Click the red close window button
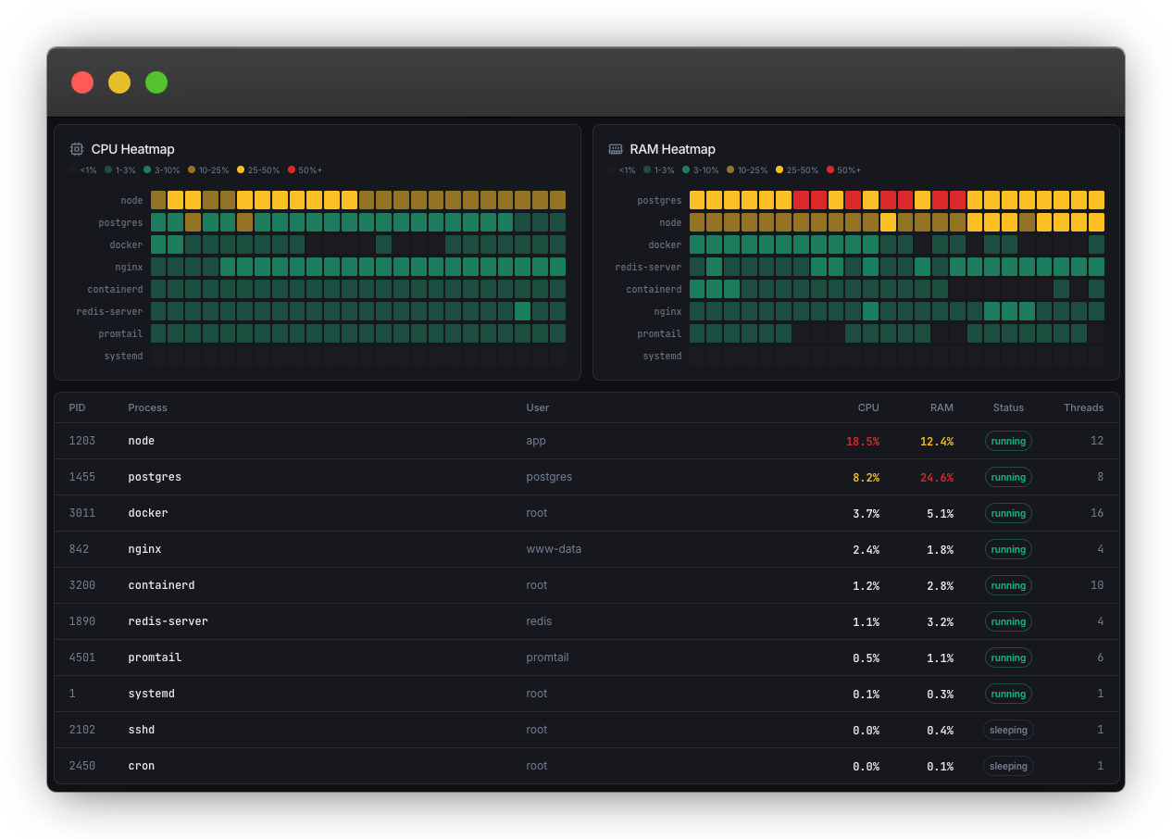click(x=82, y=82)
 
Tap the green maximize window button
click(x=156, y=82)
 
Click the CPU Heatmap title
click(x=132, y=149)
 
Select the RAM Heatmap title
click(x=672, y=149)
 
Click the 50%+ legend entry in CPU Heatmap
click(x=305, y=170)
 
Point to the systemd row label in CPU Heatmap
click(x=124, y=357)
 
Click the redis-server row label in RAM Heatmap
click(x=648, y=268)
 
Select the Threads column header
click(x=1083, y=407)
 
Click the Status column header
click(x=1008, y=407)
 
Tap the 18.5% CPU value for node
click(x=862, y=442)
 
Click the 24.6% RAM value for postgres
click(x=936, y=478)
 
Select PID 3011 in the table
click(x=82, y=513)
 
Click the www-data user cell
click(x=554, y=549)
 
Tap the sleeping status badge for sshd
click(x=1008, y=730)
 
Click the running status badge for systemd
click(x=1008, y=694)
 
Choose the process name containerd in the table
click(x=161, y=585)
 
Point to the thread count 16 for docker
click(x=1097, y=513)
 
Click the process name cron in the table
click(x=141, y=766)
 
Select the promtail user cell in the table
click(x=547, y=657)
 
